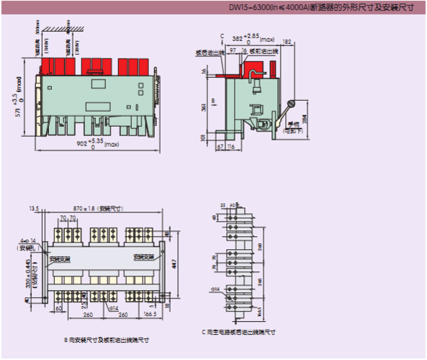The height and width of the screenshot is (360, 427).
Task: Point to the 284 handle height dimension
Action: [x=304, y=120]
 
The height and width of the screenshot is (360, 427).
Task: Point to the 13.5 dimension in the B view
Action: [x=33, y=207]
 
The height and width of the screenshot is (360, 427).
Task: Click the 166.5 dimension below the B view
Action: [x=150, y=315]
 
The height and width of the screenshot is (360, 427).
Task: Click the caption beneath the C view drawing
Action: [x=238, y=332]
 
